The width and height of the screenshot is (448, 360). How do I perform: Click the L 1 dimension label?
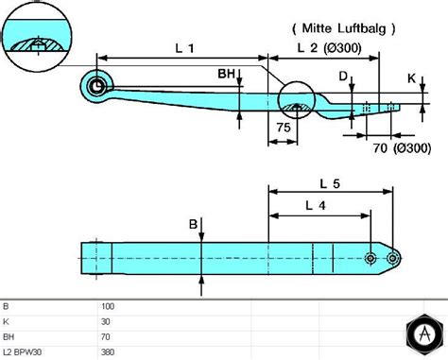tap(185, 48)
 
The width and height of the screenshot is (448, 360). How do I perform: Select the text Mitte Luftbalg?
tap(344, 28)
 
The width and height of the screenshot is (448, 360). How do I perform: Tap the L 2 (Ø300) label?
tap(330, 48)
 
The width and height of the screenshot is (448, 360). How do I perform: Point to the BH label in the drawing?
tap(226, 74)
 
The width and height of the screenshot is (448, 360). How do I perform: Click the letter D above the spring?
tap(343, 77)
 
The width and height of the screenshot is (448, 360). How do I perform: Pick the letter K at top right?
tap(411, 78)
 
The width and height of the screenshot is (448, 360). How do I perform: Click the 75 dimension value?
tap(284, 128)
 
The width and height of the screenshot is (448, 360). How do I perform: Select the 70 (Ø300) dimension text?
tap(402, 147)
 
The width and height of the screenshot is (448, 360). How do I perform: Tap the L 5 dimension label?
tap(330, 183)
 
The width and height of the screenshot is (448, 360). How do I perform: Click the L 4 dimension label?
tap(316, 206)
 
